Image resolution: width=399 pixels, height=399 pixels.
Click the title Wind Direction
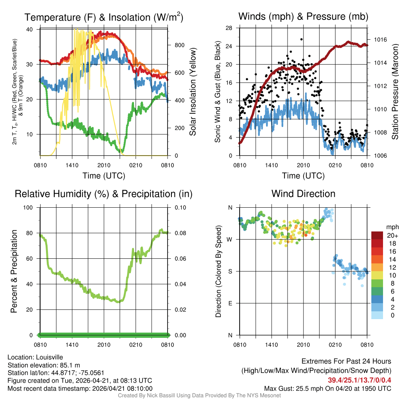(303, 194)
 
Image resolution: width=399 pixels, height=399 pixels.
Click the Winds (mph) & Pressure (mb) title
(303, 17)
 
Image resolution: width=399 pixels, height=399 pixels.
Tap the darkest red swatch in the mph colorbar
(378, 235)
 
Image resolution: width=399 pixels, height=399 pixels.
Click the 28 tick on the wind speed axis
(229, 28)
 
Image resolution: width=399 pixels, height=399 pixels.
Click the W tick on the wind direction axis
(230, 239)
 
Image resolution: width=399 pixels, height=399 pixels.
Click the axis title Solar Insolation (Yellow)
(192, 92)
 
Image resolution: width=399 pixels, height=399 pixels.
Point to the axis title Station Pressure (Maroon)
(394, 92)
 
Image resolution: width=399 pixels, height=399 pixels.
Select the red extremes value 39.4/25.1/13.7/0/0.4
(359, 380)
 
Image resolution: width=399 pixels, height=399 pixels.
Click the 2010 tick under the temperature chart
(104, 165)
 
